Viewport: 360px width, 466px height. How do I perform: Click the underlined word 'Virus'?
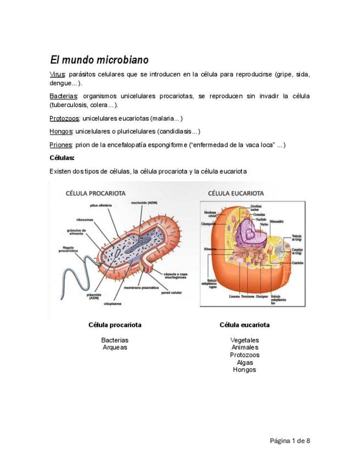[x=58, y=74]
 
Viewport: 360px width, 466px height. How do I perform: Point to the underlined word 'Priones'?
[x=61, y=145]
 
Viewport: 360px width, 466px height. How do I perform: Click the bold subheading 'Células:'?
[x=62, y=158]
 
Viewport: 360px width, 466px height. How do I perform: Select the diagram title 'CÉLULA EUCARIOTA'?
[x=236, y=193]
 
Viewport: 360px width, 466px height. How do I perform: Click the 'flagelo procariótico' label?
[x=68, y=248]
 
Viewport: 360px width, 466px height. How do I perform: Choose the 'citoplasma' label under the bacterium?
[x=113, y=303]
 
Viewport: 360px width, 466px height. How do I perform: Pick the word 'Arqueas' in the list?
[x=115, y=347]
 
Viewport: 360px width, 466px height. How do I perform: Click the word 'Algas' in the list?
[x=245, y=363]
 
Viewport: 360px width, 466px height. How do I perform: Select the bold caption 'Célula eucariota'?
[x=245, y=325]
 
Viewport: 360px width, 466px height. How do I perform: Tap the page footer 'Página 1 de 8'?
[x=290, y=441]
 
